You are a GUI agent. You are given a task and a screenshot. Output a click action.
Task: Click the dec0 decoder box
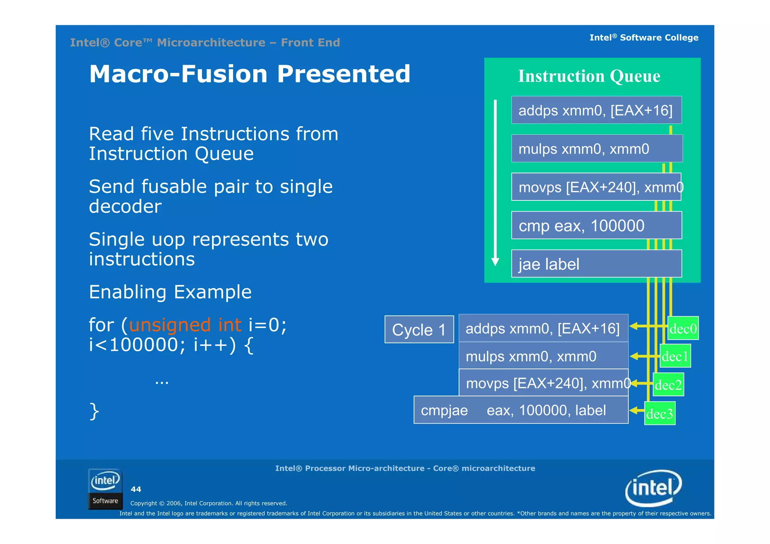coord(683,328)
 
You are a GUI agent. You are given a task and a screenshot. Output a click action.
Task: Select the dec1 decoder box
coord(675,356)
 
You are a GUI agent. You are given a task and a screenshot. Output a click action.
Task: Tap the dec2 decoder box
coord(668,385)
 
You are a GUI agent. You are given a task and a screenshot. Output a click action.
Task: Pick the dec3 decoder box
coord(660,414)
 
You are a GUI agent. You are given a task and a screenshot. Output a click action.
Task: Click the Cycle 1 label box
coord(419,330)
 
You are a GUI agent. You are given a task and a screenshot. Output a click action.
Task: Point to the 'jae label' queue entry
coord(596,264)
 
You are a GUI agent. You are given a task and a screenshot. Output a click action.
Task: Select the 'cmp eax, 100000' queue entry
coord(596,225)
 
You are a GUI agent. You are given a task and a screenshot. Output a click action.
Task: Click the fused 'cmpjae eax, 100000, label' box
coord(521,410)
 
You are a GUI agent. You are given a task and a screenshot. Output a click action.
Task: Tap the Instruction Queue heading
coord(589,76)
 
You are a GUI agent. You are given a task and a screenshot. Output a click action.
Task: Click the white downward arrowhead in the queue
coord(496,262)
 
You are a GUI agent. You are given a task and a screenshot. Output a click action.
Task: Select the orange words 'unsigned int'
coord(185,325)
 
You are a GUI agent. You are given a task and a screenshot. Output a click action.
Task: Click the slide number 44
coord(136,489)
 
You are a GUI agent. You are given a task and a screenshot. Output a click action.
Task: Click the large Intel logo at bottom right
coord(653,488)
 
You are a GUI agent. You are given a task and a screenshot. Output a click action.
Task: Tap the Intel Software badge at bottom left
coord(105,489)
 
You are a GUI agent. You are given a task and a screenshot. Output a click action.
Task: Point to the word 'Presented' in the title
coord(343,74)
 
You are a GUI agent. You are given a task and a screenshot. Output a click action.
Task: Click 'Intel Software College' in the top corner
coord(644,38)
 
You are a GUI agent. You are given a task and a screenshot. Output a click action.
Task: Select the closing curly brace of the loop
coord(94,411)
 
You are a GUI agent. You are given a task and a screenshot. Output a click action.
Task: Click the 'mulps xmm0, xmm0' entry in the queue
coord(596,149)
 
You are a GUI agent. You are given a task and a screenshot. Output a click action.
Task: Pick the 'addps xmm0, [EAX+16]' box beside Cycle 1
coord(543,328)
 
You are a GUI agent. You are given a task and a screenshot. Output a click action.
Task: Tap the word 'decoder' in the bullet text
coord(125,206)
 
